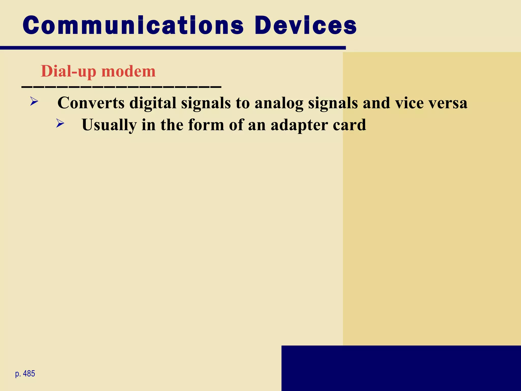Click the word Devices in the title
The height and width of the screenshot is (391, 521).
coord(306,25)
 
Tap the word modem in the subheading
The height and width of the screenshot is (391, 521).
coord(128,71)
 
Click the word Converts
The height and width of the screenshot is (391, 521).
coord(91,103)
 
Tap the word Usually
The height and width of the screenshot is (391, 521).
coord(109,125)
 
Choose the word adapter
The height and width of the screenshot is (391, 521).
coord(299,125)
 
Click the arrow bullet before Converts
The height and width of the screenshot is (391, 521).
coord(34,101)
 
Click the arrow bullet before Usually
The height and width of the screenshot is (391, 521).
coord(60,123)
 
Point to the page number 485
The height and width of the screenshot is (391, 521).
coord(29,373)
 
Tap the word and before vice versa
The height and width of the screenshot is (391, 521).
coord(377,103)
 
